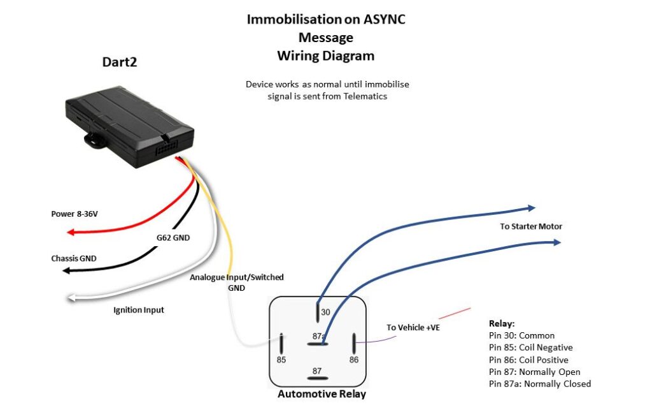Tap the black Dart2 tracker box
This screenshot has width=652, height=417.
tap(127, 128)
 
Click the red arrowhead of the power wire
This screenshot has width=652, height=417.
tap(72, 232)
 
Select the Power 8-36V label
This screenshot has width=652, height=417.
tap(74, 214)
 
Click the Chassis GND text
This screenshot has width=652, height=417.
tap(74, 259)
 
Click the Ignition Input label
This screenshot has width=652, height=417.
tap(138, 310)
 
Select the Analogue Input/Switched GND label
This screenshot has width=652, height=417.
tap(236, 282)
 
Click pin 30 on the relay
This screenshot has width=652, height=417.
tap(318, 312)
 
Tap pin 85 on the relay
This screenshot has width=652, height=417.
tap(281, 345)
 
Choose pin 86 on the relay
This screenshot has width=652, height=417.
tap(354, 345)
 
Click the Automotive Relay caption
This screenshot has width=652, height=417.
tap(322, 394)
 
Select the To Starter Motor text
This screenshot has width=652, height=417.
tap(531, 226)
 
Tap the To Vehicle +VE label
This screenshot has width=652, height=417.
tap(413, 327)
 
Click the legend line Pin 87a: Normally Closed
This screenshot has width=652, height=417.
tap(539, 384)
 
